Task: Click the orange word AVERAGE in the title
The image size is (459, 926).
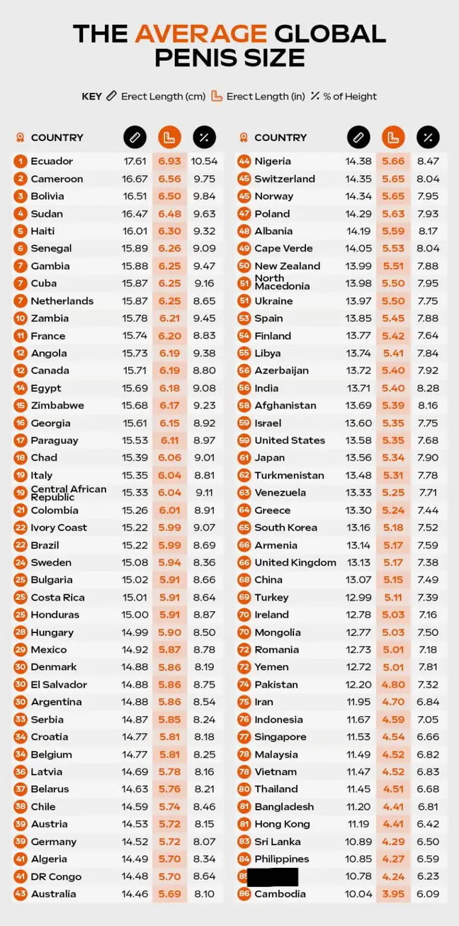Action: pos(200,33)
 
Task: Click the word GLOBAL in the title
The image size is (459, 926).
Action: pos(330,33)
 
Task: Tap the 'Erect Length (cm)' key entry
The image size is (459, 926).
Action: pos(156,96)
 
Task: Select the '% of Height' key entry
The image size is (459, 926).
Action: pos(344,96)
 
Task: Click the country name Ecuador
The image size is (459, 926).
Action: pos(52,161)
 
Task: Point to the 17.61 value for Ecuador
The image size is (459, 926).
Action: pos(135,161)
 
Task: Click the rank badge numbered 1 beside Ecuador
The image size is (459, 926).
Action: pos(20,161)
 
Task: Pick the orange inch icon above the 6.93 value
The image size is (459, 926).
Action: pos(169,137)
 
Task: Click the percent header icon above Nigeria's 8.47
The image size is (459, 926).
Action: pos(428,137)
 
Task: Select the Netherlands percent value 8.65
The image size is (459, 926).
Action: pos(204,301)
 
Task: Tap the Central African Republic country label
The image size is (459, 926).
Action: pos(68,493)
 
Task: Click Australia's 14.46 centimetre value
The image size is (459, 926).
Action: pos(135,894)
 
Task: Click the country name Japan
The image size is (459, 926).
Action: pos(270,458)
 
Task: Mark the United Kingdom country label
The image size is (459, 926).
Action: pos(295,562)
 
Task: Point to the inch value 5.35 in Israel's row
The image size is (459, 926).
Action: pos(393,423)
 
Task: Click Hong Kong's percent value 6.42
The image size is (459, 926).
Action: pos(428,824)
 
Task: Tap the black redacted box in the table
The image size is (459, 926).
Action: pos(273,876)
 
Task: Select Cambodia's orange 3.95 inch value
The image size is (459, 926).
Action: pos(393,894)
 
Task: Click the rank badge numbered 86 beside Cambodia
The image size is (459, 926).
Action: pos(244,894)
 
